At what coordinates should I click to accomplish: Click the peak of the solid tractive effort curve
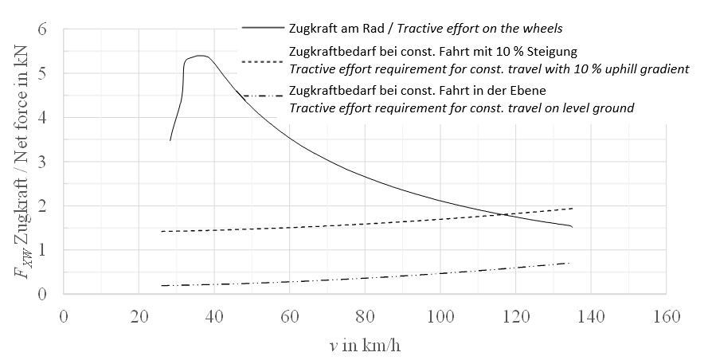[x=199, y=56]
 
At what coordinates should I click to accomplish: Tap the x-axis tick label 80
[x=364, y=315]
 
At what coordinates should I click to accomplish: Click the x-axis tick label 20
[x=139, y=315]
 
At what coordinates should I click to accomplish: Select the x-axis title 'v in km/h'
[x=363, y=346]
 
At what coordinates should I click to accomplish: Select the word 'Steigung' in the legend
[x=551, y=53]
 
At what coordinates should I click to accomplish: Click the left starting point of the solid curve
[x=170, y=141]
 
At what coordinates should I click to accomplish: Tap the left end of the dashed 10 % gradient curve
[x=162, y=231]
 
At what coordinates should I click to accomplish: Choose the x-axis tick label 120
[x=514, y=315]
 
